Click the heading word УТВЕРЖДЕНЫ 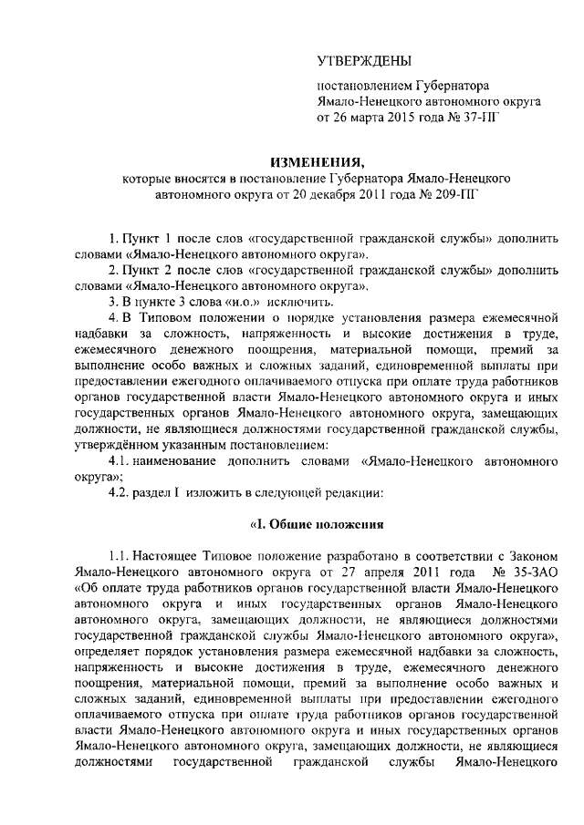click(362, 62)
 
